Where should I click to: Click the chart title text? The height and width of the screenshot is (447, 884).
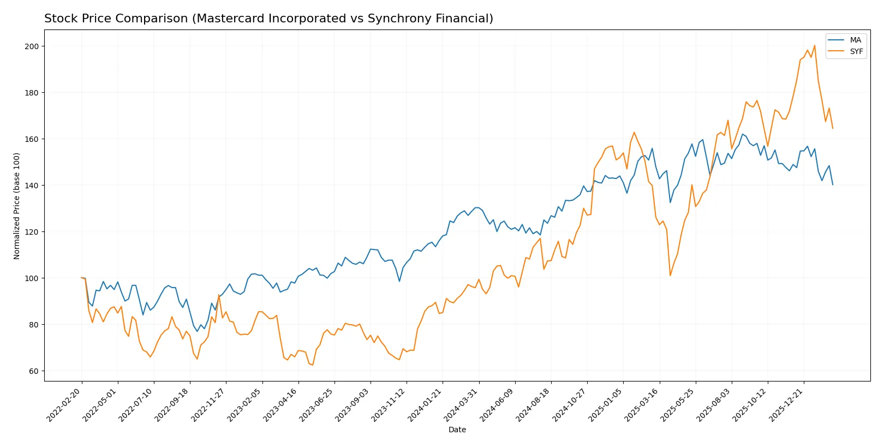[x=268, y=19]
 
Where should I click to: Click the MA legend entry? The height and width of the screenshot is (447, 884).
[x=855, y=40]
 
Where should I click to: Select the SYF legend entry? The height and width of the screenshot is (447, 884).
[x=856, y=51]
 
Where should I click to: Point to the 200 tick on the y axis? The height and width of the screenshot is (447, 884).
[x=32, y=46]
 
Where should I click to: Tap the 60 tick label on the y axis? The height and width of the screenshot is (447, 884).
[x=34, y=371]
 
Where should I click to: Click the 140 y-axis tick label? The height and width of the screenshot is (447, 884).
[x=32, y=186]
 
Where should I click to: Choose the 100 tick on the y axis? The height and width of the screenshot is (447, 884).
[x=32, y=278]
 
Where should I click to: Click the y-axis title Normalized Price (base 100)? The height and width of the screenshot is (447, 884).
[x=17, y=206]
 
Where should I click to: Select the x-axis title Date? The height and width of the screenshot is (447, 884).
[x=457, y=430]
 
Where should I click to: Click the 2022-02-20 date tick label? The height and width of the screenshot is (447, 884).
[x=64, y=405]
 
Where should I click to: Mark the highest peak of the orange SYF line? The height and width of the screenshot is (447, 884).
[x=814, y=46]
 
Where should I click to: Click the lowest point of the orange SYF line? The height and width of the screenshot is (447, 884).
[x=313, y=365]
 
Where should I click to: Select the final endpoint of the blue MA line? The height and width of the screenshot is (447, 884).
[x=833, y=184]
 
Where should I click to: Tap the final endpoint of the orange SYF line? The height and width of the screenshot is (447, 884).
[x=833, y=128]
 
